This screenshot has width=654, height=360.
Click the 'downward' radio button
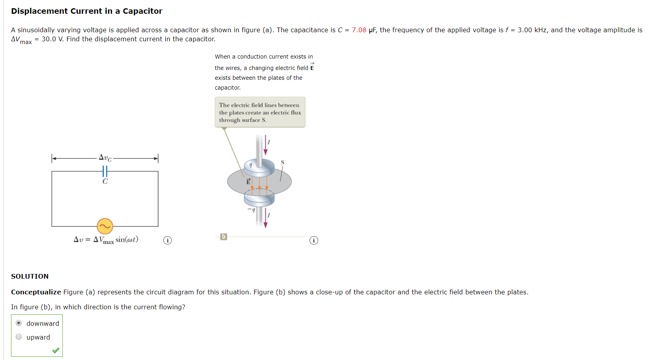tap(19, 323)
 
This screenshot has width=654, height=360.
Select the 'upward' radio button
tap(19, 337)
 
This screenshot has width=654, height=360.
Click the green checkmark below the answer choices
tap(56, 350)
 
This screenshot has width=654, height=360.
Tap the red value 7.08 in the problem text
tap(359, 30)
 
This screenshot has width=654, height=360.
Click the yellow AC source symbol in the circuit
tap(105, 226)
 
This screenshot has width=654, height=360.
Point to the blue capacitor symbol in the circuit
tap(105, 171)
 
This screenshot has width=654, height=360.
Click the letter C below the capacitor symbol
tap(105, 182)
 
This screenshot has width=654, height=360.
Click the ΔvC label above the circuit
tap(105, 158)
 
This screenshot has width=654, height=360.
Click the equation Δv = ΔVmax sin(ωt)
tap(106, 240)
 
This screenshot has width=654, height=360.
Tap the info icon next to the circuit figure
tap(167, 240)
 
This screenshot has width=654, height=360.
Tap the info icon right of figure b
tap(313, 240)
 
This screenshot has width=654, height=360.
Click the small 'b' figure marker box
tap(223, 237)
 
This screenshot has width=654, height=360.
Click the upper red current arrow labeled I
tap(266, 145)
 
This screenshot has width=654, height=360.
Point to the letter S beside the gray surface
tap(282, 162)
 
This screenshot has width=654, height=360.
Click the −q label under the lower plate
tap(251, 210)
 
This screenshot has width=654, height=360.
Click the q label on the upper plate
tap(251, 165)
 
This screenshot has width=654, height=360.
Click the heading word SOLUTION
tap(30, 276)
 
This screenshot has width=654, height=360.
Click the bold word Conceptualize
tap(36, 292)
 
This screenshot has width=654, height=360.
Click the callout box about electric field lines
tap(260, 112)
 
